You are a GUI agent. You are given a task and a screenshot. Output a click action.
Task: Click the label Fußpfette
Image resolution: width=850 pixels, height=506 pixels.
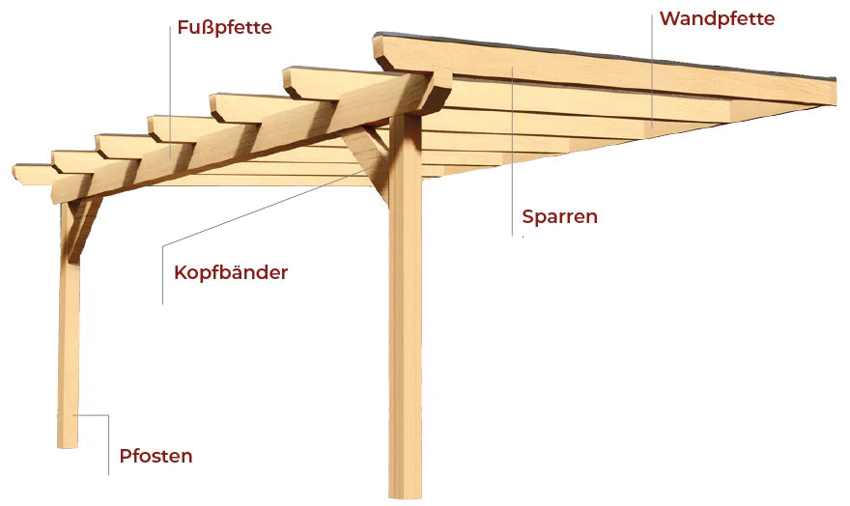point(224,27)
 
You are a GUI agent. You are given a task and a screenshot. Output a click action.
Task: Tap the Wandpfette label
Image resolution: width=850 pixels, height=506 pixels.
point(717,18)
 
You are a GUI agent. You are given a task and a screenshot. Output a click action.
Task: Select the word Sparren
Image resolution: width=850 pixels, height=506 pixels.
point(559,216)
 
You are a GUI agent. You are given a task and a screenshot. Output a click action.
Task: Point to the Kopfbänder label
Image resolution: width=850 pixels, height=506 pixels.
point(231,272)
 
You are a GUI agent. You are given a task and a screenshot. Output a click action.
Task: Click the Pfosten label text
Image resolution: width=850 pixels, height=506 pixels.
point(156,456)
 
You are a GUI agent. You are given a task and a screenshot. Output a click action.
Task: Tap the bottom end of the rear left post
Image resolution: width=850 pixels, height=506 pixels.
point(68,441)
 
